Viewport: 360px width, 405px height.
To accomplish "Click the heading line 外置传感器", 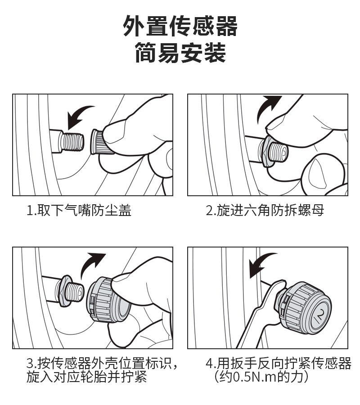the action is tap(180, 26).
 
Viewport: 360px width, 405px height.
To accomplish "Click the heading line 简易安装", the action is tap(180, 53).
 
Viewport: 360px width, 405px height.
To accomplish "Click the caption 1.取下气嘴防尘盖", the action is tap(79, 211).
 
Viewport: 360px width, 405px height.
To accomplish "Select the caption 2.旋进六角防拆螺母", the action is tap(265, 211).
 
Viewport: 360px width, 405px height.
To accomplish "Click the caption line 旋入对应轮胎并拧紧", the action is tap(86, 377).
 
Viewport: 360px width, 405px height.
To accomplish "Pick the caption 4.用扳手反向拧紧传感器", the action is tap(279, 364).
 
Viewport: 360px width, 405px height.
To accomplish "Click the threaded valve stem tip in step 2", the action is tap(279, 153).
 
